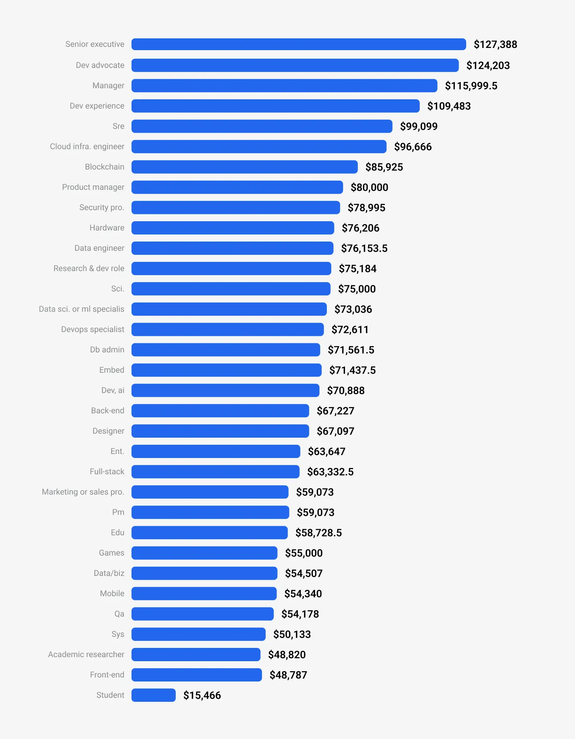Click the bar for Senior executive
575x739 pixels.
[299, 44]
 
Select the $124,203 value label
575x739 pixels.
[488, 66]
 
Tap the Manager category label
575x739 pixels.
[108, 86]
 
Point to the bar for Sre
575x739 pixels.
[262, 126]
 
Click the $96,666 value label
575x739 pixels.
[413, 147]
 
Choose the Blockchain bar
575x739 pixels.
[244, 167]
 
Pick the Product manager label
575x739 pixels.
[93, 187]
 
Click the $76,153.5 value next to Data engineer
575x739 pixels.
[364, 249]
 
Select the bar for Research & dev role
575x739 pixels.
[231, 268]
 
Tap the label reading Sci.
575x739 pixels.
[118, 289]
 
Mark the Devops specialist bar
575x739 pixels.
[227, 329]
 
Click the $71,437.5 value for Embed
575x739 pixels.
[352, 370]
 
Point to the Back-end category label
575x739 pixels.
[108, 411]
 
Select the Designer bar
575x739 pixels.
[220, 431]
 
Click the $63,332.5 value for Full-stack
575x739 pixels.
[330, 472]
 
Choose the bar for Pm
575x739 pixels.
[210, 512]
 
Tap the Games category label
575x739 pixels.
[111, 553]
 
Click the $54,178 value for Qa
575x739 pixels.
[300, 614]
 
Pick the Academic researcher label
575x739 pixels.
[86, 655]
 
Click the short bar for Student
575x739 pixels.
[153, 695]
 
